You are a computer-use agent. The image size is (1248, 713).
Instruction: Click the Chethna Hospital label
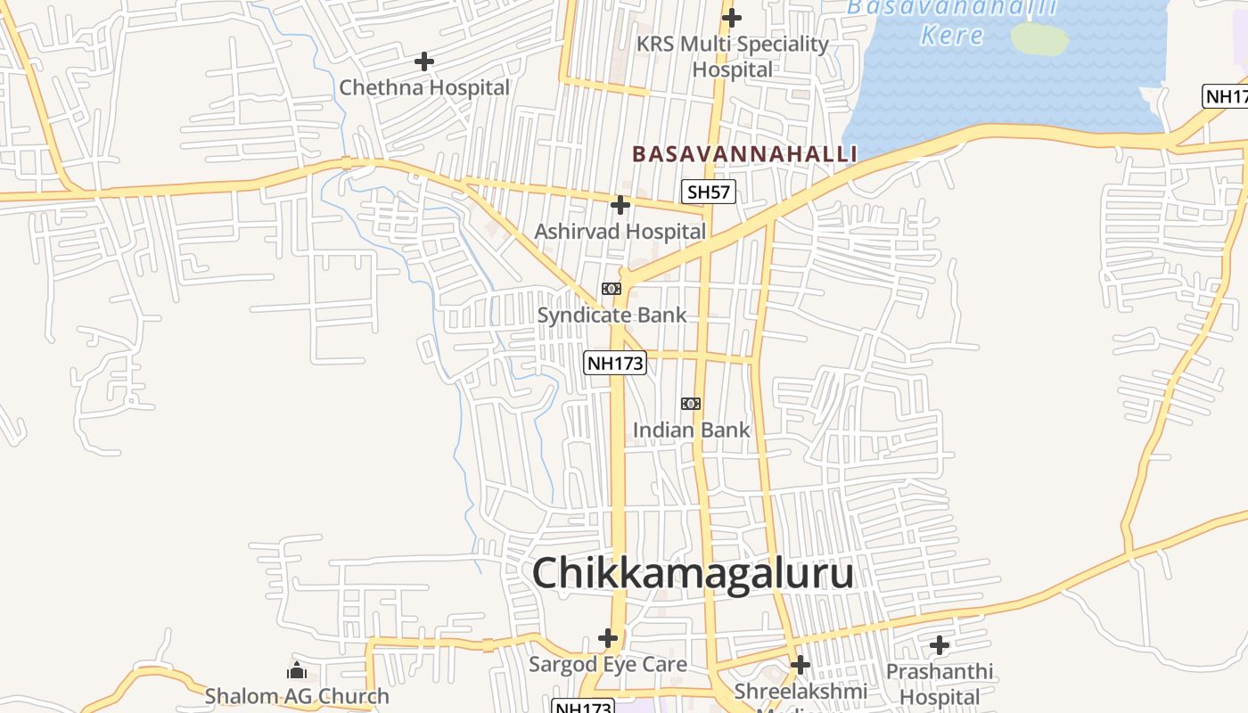(424, 87)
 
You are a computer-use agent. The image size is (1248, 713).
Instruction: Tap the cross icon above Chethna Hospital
(424, 61)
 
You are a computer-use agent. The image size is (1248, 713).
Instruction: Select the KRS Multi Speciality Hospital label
(733, 55)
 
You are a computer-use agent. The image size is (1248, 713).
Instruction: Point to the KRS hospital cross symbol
(732, 17)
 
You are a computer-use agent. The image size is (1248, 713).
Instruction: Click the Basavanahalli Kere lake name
(952, 21)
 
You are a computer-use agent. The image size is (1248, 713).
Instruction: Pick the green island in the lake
(1039, 38)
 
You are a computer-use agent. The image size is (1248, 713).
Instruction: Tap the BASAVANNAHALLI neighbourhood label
(744, 154)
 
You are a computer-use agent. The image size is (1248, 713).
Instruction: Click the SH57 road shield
(709, 192)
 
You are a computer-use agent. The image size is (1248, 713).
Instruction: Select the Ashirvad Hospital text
(620, 232)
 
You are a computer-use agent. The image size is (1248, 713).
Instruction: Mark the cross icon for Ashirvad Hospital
(620, 205)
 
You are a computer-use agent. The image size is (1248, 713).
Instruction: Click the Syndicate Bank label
(612, 315)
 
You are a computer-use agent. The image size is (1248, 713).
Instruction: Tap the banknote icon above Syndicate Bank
(611, 289)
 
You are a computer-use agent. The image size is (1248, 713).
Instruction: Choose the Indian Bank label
(691, 430)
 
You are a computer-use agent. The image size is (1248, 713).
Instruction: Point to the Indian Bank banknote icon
(691, 404)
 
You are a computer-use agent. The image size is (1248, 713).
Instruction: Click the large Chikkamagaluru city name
(693, 573)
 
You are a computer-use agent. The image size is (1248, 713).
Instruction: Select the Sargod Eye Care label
(608, 664)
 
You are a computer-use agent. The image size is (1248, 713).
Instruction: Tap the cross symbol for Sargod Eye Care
(608, 638)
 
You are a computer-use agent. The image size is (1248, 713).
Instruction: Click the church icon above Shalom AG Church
(297, 670)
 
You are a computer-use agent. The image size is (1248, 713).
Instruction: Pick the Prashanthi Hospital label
(940, 683)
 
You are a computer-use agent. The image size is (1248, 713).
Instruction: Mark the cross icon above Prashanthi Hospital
(940, 645)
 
